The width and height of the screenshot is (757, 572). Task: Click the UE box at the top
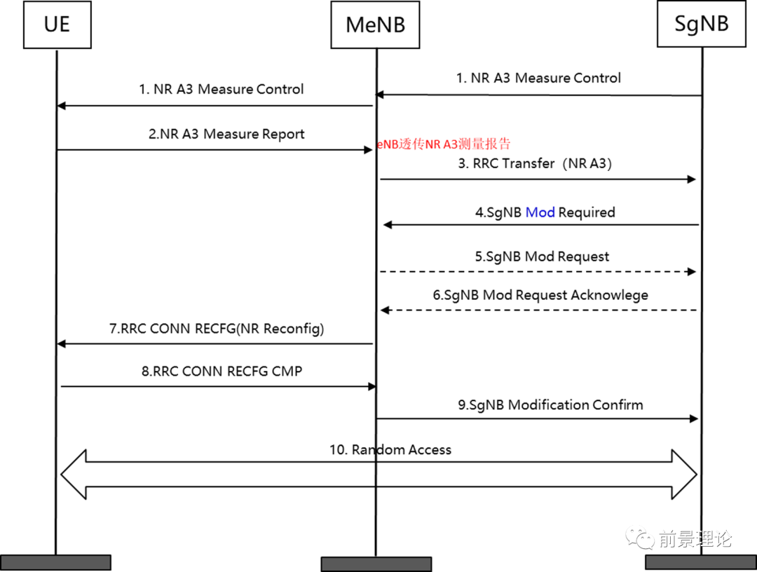tap(57, 25)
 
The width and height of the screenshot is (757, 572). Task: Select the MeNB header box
tap(375, 25)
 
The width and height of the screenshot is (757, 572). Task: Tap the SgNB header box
tap(702, 24)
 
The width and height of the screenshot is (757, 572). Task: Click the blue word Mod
tap(540, 212)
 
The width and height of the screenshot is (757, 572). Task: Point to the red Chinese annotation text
tap(444, 144)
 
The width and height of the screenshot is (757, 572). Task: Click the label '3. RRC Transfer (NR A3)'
tap(535, 163)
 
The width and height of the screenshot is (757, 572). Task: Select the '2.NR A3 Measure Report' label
tap(226, 134)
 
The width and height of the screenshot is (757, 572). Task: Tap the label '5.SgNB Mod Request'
tap(542, 257)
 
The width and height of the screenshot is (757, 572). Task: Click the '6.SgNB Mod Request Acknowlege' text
tap(540, 295)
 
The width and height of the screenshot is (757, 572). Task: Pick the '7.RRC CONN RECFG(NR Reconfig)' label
tap(217, 329)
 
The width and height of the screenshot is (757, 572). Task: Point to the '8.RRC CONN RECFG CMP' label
tap(221, 372)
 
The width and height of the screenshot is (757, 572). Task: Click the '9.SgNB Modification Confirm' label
tap(550, 405)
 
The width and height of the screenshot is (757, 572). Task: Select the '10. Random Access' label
tap(390, 450)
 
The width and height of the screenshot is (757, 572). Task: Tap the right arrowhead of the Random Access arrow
tap(685, 475)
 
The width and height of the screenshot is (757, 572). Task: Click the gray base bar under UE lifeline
tap(55, 562)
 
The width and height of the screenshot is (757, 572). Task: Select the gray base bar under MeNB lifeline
tap(376, 564)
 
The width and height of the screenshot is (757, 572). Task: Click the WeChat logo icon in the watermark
tap(640, 538)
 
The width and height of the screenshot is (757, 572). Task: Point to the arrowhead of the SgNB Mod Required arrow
tap(388, 225)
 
